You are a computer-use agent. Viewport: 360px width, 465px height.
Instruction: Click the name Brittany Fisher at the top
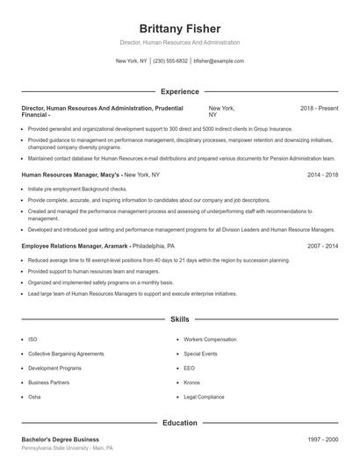click(x=179, y=28)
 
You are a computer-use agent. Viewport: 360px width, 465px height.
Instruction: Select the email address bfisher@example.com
click(x=219, y=61)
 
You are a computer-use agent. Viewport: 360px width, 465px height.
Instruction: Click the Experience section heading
click(x=179, y=91)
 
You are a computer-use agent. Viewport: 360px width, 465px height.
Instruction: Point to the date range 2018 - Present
click(x=319, y=108)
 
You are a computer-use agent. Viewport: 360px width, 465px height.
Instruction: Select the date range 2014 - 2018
click(x=322, y=175)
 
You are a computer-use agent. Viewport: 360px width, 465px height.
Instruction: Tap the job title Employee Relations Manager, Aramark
click(x=76, y=247)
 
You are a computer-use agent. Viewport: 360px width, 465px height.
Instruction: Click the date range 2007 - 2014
click(x=322, y=247)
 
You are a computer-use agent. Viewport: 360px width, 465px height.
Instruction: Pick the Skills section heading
click(x=179, y=319)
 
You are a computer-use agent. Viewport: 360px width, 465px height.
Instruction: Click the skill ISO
click(x=32, y=339)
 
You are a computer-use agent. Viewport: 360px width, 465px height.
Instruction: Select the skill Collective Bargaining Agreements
click(x=66, y=354)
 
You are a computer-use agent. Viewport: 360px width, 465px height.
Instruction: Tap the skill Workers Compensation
click(x=210, y=339)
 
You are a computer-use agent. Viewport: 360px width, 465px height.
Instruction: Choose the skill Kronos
click(x=192, y=383)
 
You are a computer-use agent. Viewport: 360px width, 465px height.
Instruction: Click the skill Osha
click(x=34, y=397)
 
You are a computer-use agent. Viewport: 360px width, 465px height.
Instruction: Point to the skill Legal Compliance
click(x=205, y=397)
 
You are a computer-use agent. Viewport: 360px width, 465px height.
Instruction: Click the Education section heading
click(x=179, y=423)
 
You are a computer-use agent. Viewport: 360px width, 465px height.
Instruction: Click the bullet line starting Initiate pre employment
click(x=77, y=189)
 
